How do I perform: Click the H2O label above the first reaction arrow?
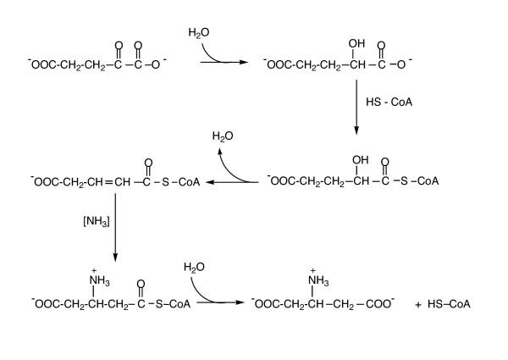(x=197, y=32)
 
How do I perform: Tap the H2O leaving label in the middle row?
(x=222, y=136)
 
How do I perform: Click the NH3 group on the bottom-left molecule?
(x=91, y=281)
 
